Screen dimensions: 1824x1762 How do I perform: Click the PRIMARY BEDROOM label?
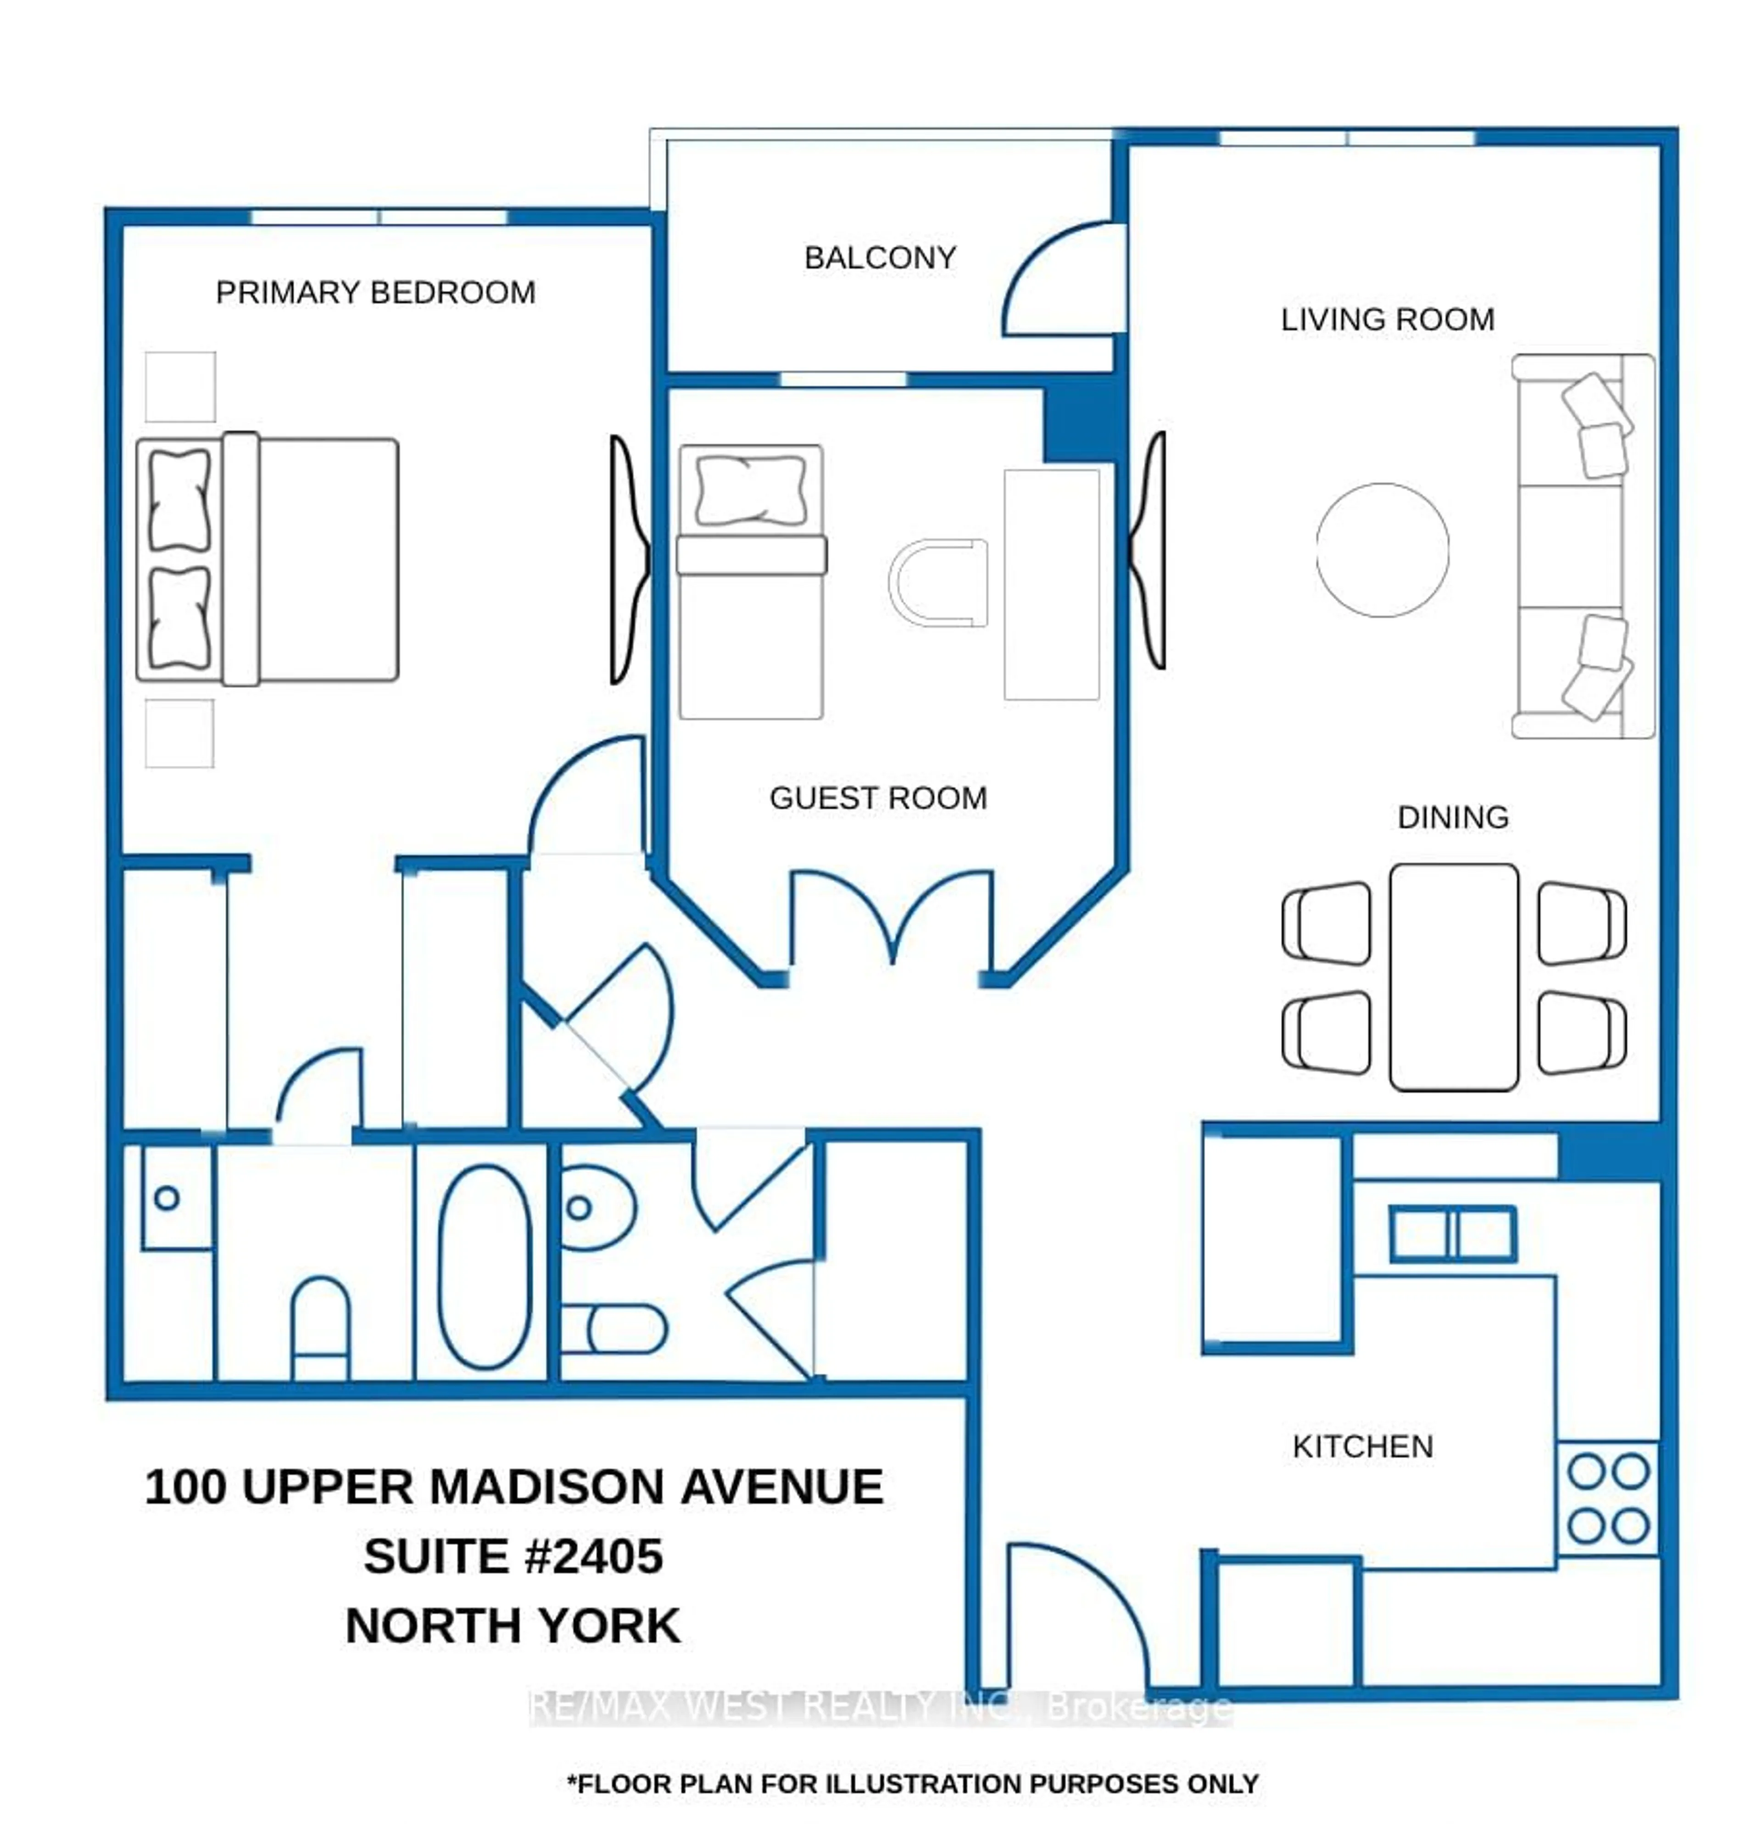375,292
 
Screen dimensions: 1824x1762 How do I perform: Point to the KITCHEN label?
1362,1446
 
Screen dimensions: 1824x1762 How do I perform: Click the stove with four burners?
1607,1498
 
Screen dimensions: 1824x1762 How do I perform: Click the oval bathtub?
484,1266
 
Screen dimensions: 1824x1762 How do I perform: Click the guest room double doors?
891,917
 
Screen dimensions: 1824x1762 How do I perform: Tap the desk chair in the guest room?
938,582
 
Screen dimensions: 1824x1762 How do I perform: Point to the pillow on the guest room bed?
750,490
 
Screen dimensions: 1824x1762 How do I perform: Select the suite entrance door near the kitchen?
1080,1619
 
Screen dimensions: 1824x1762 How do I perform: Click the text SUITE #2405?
513,1556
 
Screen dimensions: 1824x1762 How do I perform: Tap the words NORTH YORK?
513,1626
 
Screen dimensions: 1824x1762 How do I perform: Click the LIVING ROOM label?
1387,319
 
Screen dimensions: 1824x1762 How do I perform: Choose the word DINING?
1452,817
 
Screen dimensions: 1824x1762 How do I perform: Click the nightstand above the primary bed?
181,386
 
